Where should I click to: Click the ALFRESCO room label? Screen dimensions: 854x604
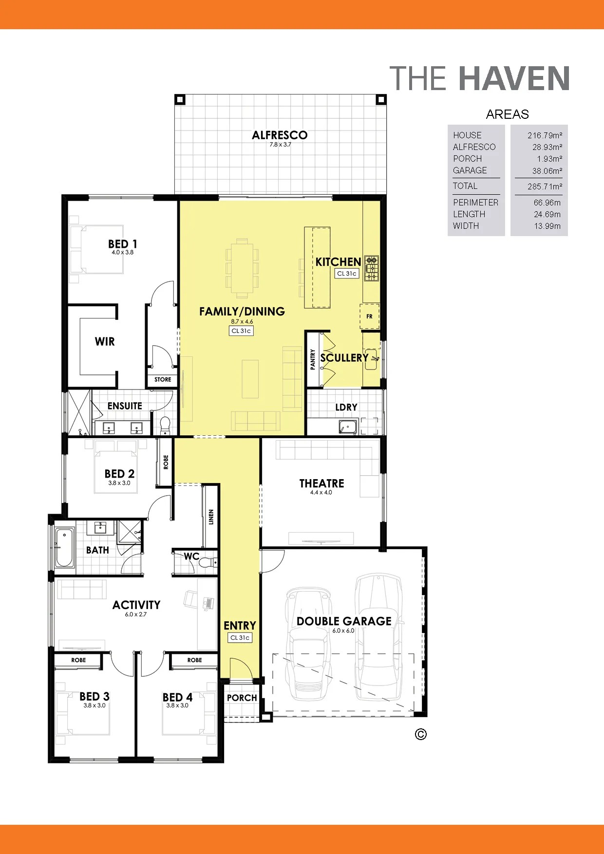click(x=280, y=135)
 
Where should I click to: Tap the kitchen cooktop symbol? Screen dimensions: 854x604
click(x=372, y=268)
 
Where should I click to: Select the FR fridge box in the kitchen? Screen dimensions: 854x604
click(x=369, y=316)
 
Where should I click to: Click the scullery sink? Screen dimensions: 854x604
click(x=372, y=359)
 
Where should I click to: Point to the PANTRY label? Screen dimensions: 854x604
click(x=313, y=359)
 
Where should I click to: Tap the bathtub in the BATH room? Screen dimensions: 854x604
click(x=64, y=548)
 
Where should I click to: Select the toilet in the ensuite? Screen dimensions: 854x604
click(x=165, y=425)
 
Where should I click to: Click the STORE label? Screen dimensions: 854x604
click(x=163, y=379)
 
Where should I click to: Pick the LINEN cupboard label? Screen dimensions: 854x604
click(x=211, y=517)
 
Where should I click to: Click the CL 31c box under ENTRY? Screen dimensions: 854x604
click(x=240, y=637)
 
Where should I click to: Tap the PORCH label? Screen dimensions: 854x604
click(x=242, y=698)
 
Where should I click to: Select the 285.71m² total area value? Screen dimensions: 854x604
click(x=545, y=186)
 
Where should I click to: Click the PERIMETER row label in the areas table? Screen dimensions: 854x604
click(x=475, y=203)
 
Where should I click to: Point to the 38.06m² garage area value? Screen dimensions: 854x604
click(x=547, y=171)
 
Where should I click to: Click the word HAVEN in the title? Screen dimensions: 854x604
click(x=514, y=79)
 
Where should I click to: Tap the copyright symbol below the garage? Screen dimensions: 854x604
click(x=421, y=734)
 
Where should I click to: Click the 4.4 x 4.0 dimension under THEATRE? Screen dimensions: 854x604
click(x=321, y=492)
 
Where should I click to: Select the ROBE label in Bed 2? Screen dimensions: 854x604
click(x=166, y=462)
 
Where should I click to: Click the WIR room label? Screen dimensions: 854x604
click(x=105, y=341)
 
